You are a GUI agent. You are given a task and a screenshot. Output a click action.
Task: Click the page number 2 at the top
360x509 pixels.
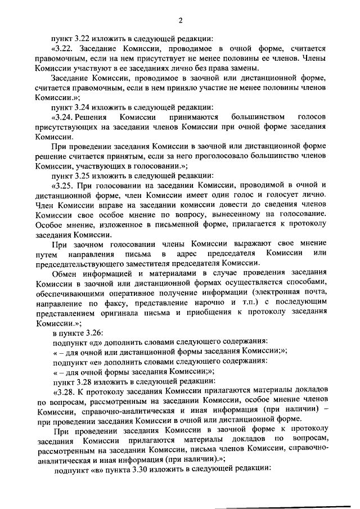tap(181, 21)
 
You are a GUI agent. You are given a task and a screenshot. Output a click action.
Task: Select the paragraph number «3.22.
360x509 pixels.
tap(63, 48)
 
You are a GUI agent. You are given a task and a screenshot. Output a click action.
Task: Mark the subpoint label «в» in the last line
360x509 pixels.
tap(98, 468)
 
